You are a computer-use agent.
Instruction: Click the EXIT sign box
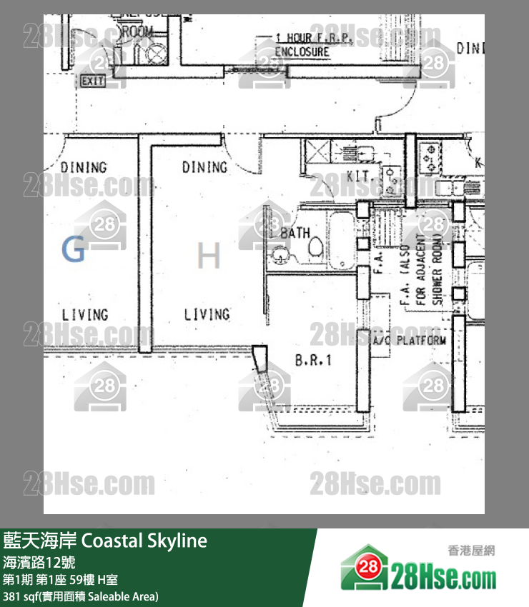pos(93,81)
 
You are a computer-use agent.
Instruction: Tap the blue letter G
pos(73,250)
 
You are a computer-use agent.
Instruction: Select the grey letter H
pos(208,256)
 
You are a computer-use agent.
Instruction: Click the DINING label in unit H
pos(204,167)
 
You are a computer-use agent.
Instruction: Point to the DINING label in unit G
pos(84,167)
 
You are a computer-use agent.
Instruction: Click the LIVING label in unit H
pos(207,314)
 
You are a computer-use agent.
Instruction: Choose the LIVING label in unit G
pos(84,314)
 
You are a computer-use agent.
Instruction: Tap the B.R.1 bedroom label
pos(314,361)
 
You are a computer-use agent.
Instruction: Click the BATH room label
pos(295,233)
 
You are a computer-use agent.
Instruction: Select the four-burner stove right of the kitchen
pos(430,158)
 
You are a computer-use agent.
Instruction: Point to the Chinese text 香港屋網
pos(471,550)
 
